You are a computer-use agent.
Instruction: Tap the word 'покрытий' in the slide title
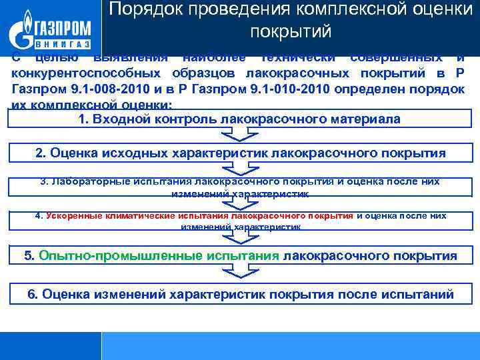[x=291, y=31]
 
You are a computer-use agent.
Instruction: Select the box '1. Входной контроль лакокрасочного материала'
[x=239, y=120]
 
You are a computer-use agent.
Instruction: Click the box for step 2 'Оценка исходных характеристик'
[x=239, y=153]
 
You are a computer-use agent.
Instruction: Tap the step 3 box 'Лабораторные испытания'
[x=239, y=186]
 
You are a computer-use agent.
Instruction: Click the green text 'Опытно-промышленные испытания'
[x=159, y=255]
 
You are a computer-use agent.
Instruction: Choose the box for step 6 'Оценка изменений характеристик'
[x=239, y=294]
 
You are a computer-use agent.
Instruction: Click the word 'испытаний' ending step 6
[x=421, y=294]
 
